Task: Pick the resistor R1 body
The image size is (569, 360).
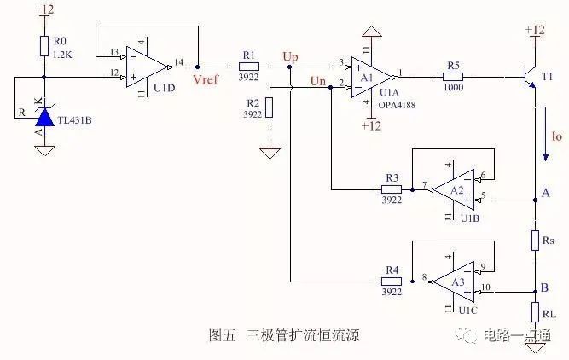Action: click(x=248, y=66)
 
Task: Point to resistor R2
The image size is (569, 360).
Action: click(x=269, y=107)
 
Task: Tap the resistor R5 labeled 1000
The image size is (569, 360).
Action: click(x=454, y=75)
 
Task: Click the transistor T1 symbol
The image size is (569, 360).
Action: click(x=529, y=76)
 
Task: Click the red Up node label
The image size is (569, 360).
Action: click(x=291, y=56)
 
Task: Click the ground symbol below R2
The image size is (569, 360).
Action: click(x=269, y=154)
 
